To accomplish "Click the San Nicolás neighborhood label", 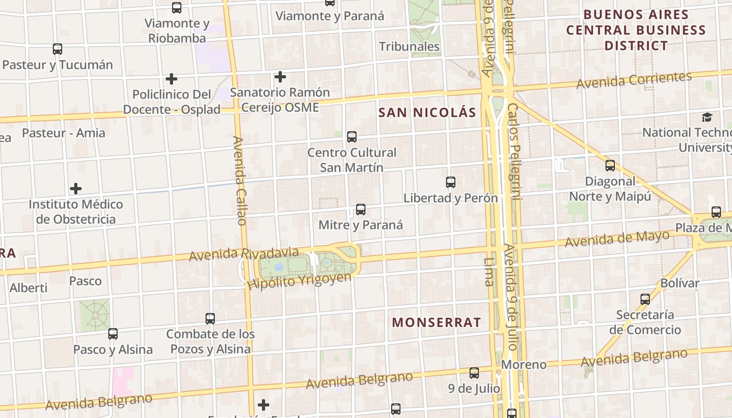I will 427,112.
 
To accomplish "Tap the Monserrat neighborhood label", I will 436,322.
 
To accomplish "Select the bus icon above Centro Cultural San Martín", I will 352,137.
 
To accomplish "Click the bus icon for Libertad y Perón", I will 451,182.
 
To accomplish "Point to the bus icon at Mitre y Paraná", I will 361,210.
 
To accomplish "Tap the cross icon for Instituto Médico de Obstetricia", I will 76,188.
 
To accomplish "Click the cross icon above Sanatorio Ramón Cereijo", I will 280,77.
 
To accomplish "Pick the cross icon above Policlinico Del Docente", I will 171,79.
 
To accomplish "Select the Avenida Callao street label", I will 239,181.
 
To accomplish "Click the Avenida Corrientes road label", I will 634,80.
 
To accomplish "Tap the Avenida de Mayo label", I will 617,239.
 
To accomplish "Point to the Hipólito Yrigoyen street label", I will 299,281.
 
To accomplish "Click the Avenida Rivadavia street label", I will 244,254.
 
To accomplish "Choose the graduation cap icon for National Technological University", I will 707,117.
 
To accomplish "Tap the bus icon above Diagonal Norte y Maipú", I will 610,166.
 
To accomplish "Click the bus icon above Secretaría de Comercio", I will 645,299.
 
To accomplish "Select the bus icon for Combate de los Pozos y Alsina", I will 210,318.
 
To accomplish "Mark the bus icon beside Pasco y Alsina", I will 113,333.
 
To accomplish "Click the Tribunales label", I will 409,47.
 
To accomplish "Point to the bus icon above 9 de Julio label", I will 474,373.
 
